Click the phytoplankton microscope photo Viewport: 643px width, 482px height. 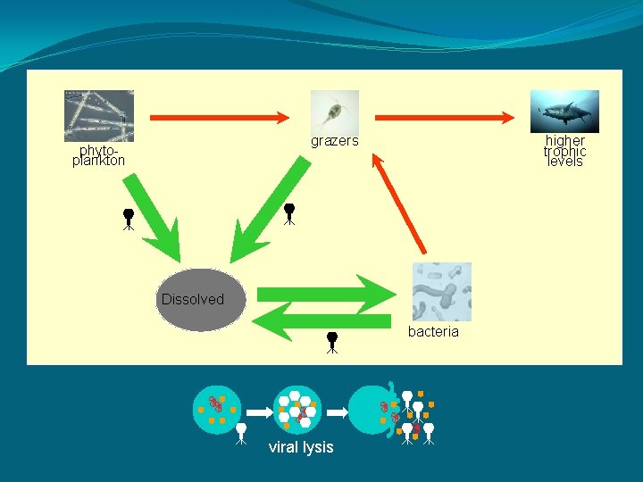[x=99, y=115]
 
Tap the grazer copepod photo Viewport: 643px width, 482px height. [x=335, y=112]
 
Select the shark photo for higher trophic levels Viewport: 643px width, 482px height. [x=564, y=112]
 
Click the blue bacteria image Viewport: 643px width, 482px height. [x=442, y=292]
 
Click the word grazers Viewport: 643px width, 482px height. [x=334, y=141]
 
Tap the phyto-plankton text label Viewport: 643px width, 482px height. [x=99, y=155]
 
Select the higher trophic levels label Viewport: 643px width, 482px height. [x=564, y=151]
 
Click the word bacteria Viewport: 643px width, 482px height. [x=433, y=332]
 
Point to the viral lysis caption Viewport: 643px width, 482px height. [x=301, y=447]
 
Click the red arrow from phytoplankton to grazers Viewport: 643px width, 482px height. [x=220, y=117]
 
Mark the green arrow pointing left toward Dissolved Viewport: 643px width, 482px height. [x=321, y=321]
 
